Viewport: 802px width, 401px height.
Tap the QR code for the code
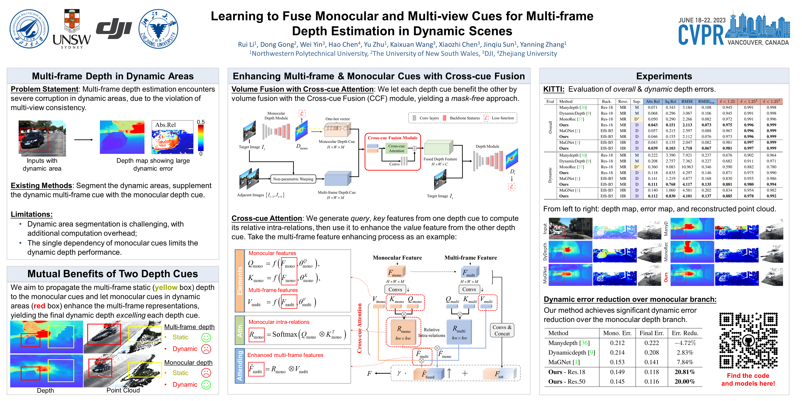tap(748, 340)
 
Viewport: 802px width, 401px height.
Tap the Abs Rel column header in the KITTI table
tap(652, 101)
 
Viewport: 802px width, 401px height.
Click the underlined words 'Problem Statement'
tap(45, 89)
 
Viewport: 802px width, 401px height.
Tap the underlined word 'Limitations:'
tap(32, 214)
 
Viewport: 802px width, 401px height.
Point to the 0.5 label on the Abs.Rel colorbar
tap(201, 122)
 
